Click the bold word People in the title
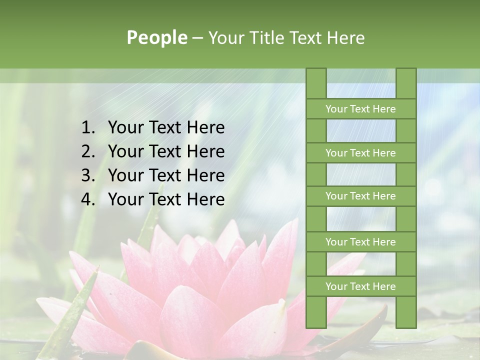[x=156, y=38]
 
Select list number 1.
[x=88, y=128]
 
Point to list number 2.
[x=88, y=151]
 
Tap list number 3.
[x=88, y=175]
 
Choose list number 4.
[x=88, y=199]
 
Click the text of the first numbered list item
[x=166, y=128]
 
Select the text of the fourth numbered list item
[x=166, y=199]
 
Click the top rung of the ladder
[x=360, y=109]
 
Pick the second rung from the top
[x=360, y=153]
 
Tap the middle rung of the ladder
[x=360, y=196]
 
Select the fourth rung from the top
[x=360, y=242]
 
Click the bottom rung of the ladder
[x=360, y=286]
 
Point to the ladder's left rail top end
[x=316, y=70]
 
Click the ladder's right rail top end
[x=406, y=70]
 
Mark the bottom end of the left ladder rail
[x=316, y=325]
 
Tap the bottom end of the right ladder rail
[x=406, y=325]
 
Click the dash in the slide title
[x=197, y=38]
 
